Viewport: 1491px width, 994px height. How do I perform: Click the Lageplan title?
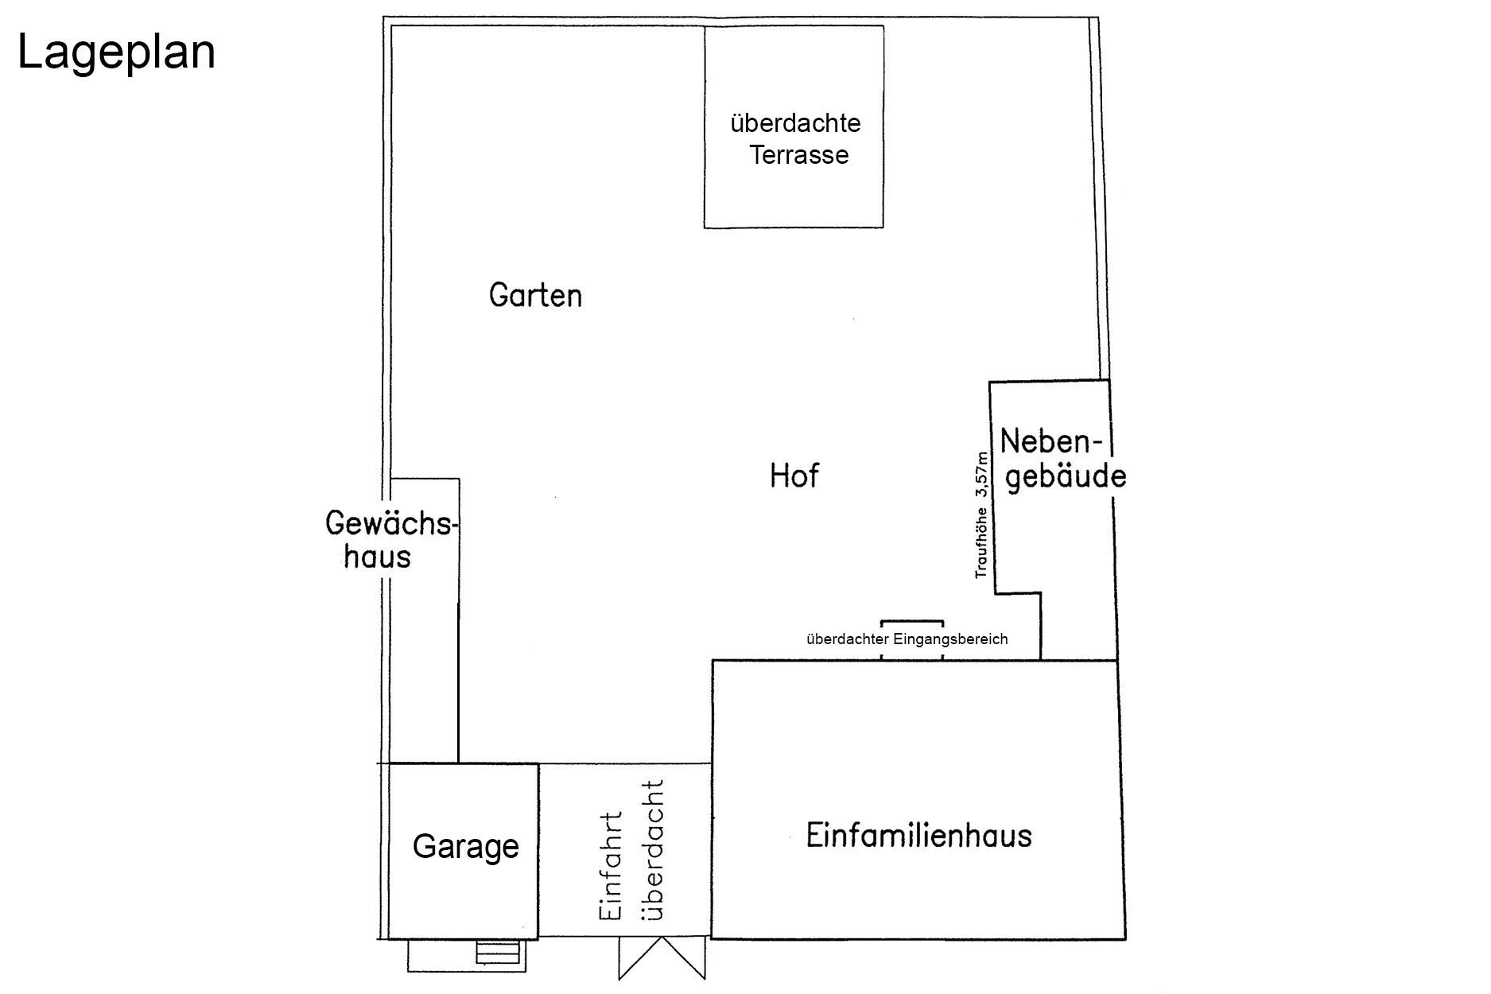[x=116, y=53]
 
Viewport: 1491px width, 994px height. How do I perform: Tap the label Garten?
[x=535, y=296]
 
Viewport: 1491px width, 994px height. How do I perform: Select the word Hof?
[x=794, y=476]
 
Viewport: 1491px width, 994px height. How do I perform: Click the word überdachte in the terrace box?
[x=795, y=123]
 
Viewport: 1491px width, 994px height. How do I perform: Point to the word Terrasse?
[x=799, y=154]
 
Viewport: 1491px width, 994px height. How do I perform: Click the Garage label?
[x=465, y=847]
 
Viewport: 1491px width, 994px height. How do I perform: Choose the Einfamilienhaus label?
[x=918, y=837]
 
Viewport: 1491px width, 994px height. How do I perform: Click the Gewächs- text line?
[x=391, y=525]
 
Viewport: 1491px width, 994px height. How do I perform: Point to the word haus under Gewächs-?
[x=378, y=556]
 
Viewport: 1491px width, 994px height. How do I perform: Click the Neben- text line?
[x=1052, y=442]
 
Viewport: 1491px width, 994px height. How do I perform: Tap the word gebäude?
[x=1066, y=477]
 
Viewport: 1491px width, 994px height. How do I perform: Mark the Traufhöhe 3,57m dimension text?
[x=982, y=515]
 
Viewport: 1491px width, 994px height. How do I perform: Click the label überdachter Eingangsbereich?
[x=907, y=639]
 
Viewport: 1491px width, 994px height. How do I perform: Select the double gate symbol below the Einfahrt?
[x=662, y=958]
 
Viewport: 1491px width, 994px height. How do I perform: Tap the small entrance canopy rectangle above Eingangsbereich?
[x=912, y=625]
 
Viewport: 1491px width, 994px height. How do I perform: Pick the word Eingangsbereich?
[x=950, y=639]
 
